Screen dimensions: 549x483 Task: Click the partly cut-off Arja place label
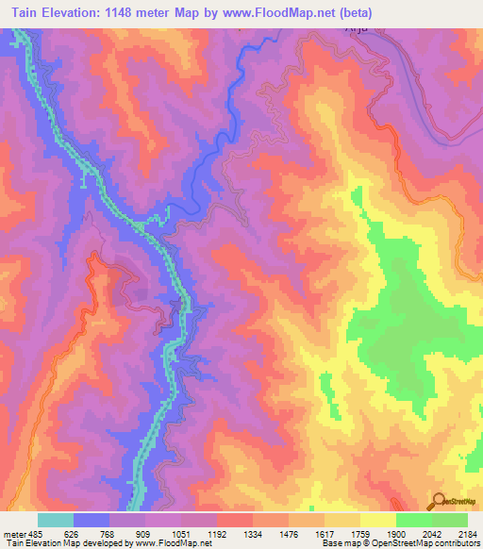[328, 30]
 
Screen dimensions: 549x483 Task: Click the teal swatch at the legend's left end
[55, 520]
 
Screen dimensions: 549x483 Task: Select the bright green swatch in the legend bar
[413, 520]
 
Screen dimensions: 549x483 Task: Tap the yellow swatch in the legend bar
[377, 520]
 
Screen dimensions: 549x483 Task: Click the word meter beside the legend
[12, 533]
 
